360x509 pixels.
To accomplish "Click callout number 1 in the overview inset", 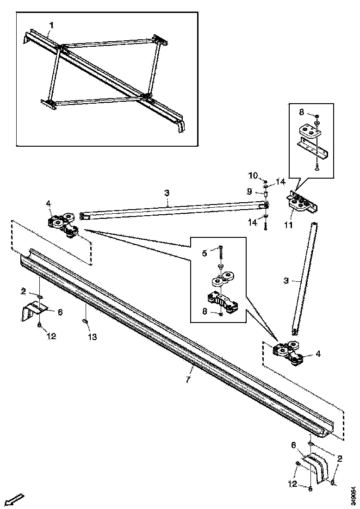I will [x=52, y=25].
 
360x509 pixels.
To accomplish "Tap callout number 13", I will [x=92, y=337].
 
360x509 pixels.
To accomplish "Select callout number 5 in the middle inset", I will [x=205, y=253].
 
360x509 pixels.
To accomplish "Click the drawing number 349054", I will [x=354, y=496].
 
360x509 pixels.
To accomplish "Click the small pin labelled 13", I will [x=86, y=322].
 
